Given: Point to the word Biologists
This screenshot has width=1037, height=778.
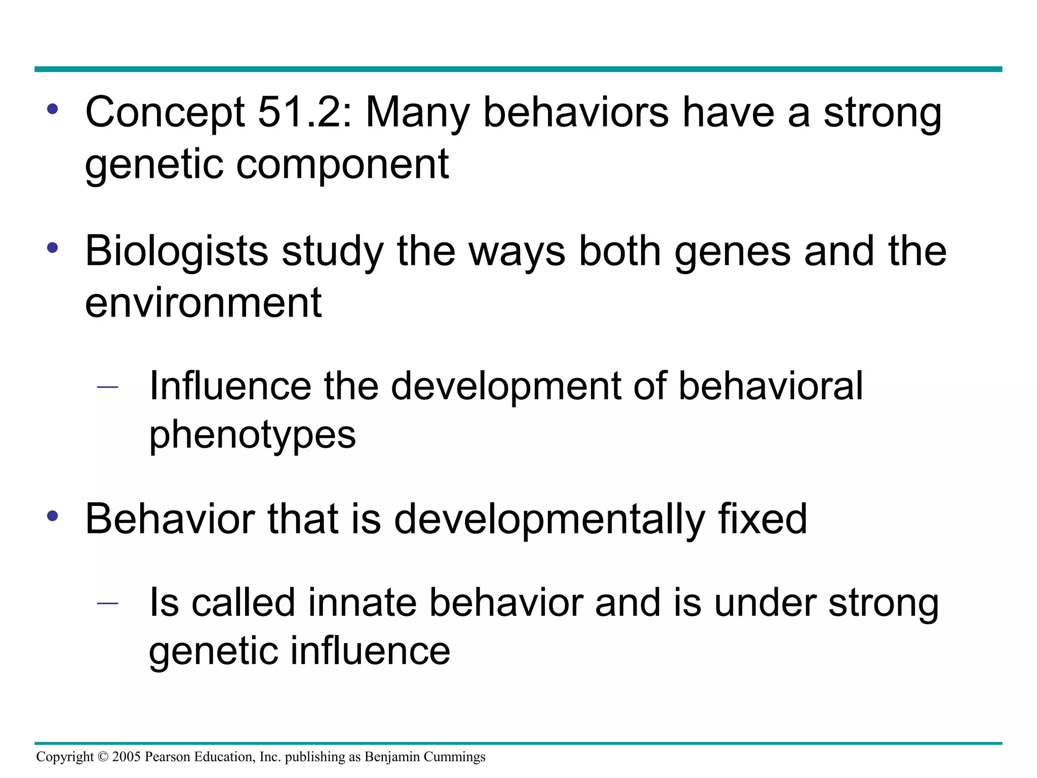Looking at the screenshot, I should point(176,252).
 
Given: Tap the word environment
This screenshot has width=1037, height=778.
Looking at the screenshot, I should point(203,303).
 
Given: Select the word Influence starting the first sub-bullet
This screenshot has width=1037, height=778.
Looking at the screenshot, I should point(230,386).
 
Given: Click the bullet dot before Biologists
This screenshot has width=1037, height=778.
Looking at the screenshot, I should point(53,248).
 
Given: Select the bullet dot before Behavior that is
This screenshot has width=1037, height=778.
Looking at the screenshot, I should point(53,516).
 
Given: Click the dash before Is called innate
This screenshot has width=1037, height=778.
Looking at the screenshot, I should point(107,603).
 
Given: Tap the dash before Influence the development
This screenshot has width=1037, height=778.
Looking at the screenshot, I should point(107,387).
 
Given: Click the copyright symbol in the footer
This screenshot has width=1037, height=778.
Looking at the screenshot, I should point(103,757).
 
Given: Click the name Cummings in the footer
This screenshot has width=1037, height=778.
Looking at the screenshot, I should point(454,757).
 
